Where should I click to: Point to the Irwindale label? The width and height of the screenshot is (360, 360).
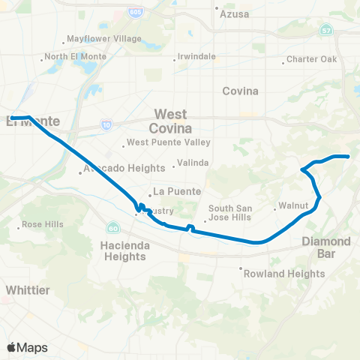pos(196,56)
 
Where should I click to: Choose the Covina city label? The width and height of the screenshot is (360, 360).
pos(240,91)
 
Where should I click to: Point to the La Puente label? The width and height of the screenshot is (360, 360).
pos(169,191)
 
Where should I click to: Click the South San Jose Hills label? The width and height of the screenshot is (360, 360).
pos(232,213)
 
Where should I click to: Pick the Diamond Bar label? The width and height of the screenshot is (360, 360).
pos(325,247)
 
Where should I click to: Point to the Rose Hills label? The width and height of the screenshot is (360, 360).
pos(43,224)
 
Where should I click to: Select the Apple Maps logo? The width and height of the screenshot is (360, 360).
pos(28,347)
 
